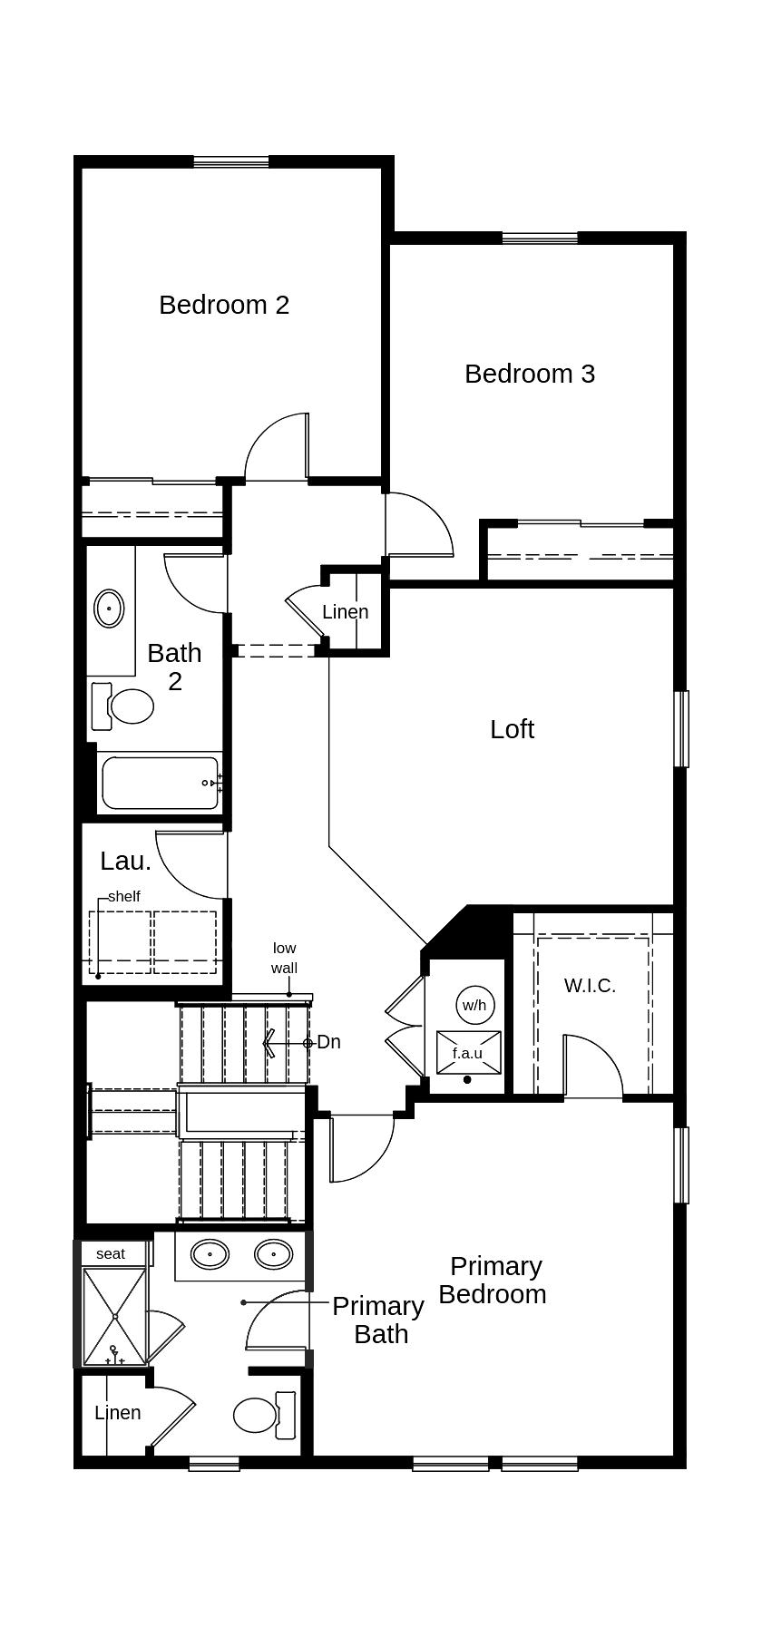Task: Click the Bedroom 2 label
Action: coord(224,305)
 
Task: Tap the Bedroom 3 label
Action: coord(530,374)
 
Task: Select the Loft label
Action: coord(512,729)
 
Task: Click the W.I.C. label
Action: coord(590,986)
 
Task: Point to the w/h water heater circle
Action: coord(474,1005)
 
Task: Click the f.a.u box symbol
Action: coord(468,1053)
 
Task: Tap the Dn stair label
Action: coord(328,1043)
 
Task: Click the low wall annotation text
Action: coord(284,958)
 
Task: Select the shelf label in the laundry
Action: coord(124,897)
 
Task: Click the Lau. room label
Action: coord(125,861)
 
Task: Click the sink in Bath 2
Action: coord(109,608)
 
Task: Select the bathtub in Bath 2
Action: coord(161,783)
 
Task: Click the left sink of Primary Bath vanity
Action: coord(210,1255)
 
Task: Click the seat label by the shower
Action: coord(111,1254)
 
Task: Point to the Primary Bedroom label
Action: coord(493,1280)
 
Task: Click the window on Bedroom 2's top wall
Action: coord(231,162)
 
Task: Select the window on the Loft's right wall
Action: coord(681,729)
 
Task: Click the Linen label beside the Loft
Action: coord(346,612)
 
